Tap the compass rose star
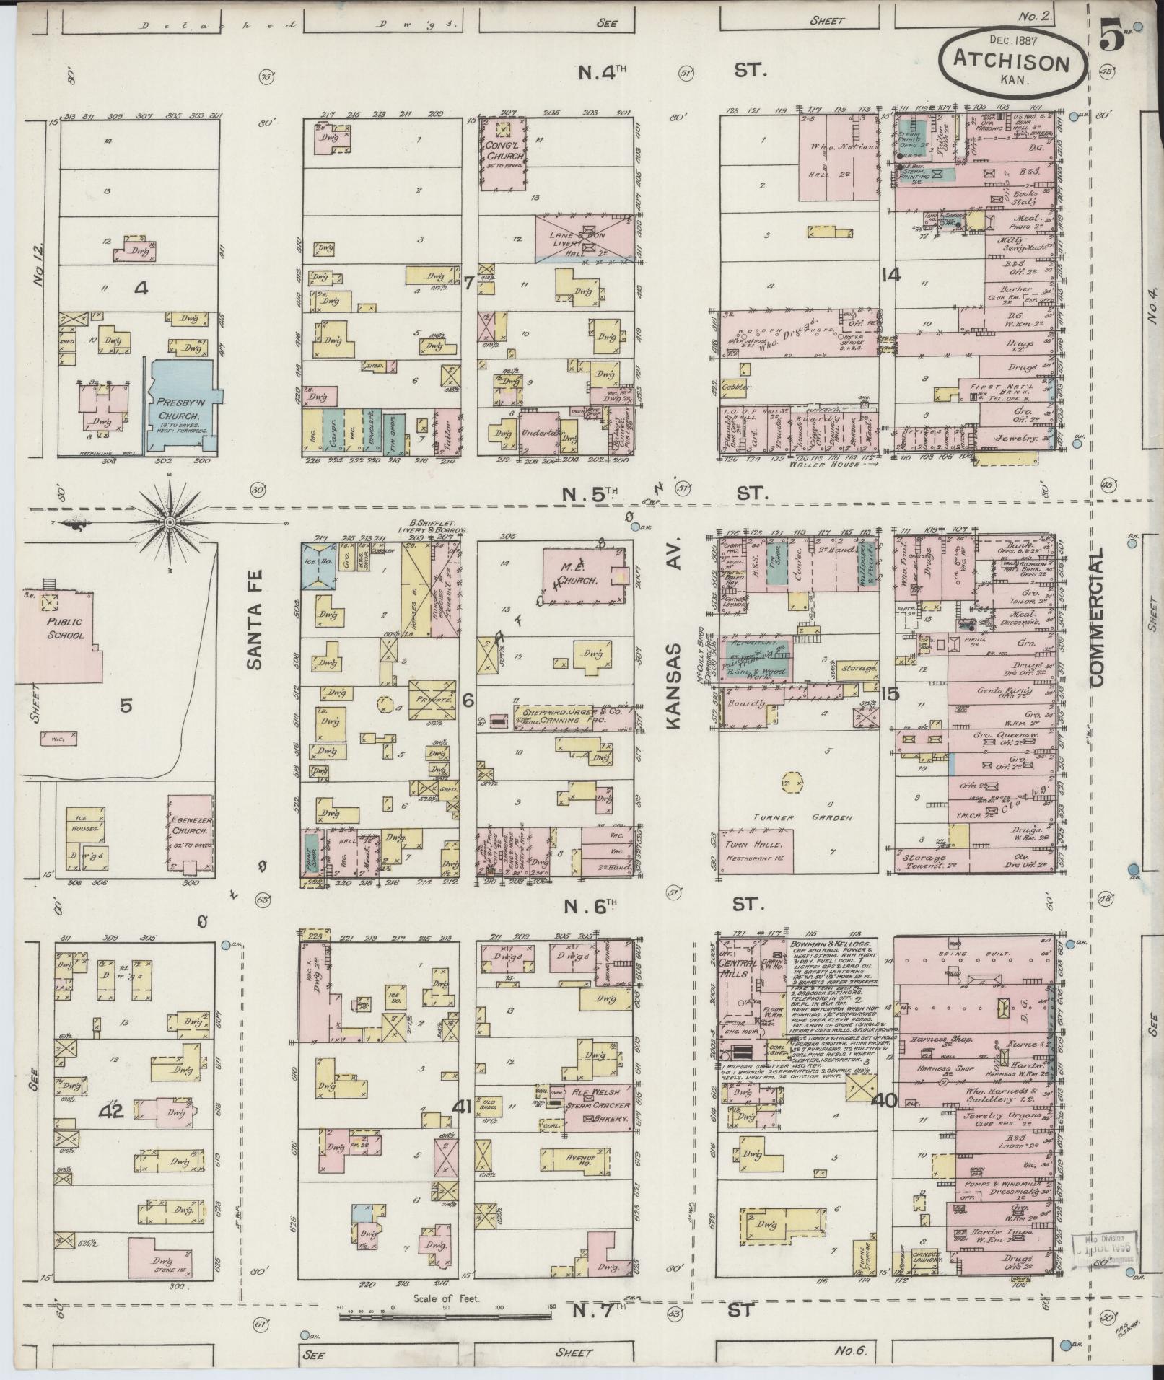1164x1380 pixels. [x=170, y=521]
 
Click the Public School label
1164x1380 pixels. [x=65, y=628]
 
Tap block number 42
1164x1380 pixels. [x=113, y=1112]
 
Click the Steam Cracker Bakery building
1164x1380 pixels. [x=598, y=1112]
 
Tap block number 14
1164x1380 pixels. [x=890, y=275]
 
